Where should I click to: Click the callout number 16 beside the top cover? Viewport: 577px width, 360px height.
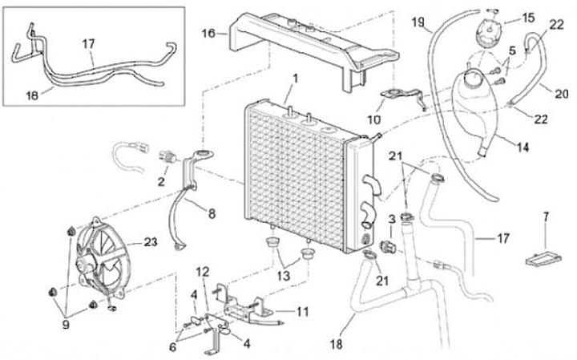coord(208,34)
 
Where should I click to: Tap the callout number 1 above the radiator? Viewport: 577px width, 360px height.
coord(295,79)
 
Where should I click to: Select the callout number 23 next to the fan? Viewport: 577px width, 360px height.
coord(151,242)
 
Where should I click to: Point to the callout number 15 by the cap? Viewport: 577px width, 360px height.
coord(528,18)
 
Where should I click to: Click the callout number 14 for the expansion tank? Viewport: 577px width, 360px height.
coord(523,148)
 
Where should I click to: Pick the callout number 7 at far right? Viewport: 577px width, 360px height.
coord(546,217)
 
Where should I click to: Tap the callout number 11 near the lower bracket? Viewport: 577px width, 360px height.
coord(302,312)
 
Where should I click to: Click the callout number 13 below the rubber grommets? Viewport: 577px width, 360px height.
coord(284,276)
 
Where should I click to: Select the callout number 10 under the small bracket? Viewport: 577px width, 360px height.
coord(374,119)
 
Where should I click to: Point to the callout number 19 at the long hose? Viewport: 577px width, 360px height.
coord(418,22)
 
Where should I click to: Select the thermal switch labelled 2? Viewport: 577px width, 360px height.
coord(167,157)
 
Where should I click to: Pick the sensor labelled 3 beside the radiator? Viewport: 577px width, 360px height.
coord(388,246)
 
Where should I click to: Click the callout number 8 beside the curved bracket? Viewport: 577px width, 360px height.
coord(212,213)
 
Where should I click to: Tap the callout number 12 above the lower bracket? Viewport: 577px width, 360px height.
coord(203,272)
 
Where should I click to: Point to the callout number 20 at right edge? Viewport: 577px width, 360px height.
coord(562,95)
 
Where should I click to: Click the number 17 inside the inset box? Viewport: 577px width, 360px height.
coord(88,44)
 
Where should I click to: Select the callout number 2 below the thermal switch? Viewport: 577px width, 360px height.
coord(161,181)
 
